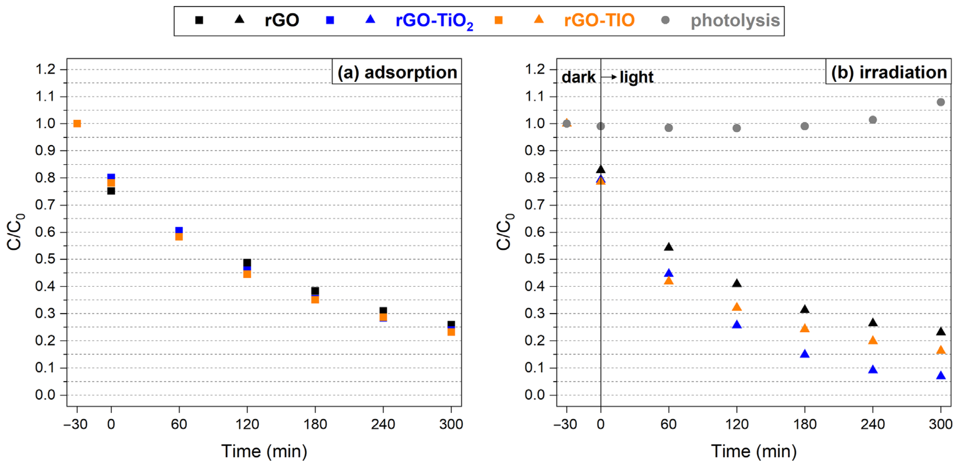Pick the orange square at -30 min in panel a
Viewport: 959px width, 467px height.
(x=77, y=123)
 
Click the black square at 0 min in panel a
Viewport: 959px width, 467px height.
(x=111, y=191)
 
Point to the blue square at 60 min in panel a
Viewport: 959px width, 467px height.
(x=179, y=230)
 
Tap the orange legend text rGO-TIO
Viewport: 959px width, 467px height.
(x=599, y=20)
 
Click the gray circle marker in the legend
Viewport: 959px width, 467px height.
(x=665, y=20)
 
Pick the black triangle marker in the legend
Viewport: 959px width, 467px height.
(x=239, y=19)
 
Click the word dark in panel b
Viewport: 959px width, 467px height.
(x=578, y=77)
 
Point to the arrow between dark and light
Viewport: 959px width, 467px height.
(x=609, y=77)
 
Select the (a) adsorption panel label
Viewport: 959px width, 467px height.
(x=397, y=72)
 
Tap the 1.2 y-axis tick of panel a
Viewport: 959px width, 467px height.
(x=45, y=69)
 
